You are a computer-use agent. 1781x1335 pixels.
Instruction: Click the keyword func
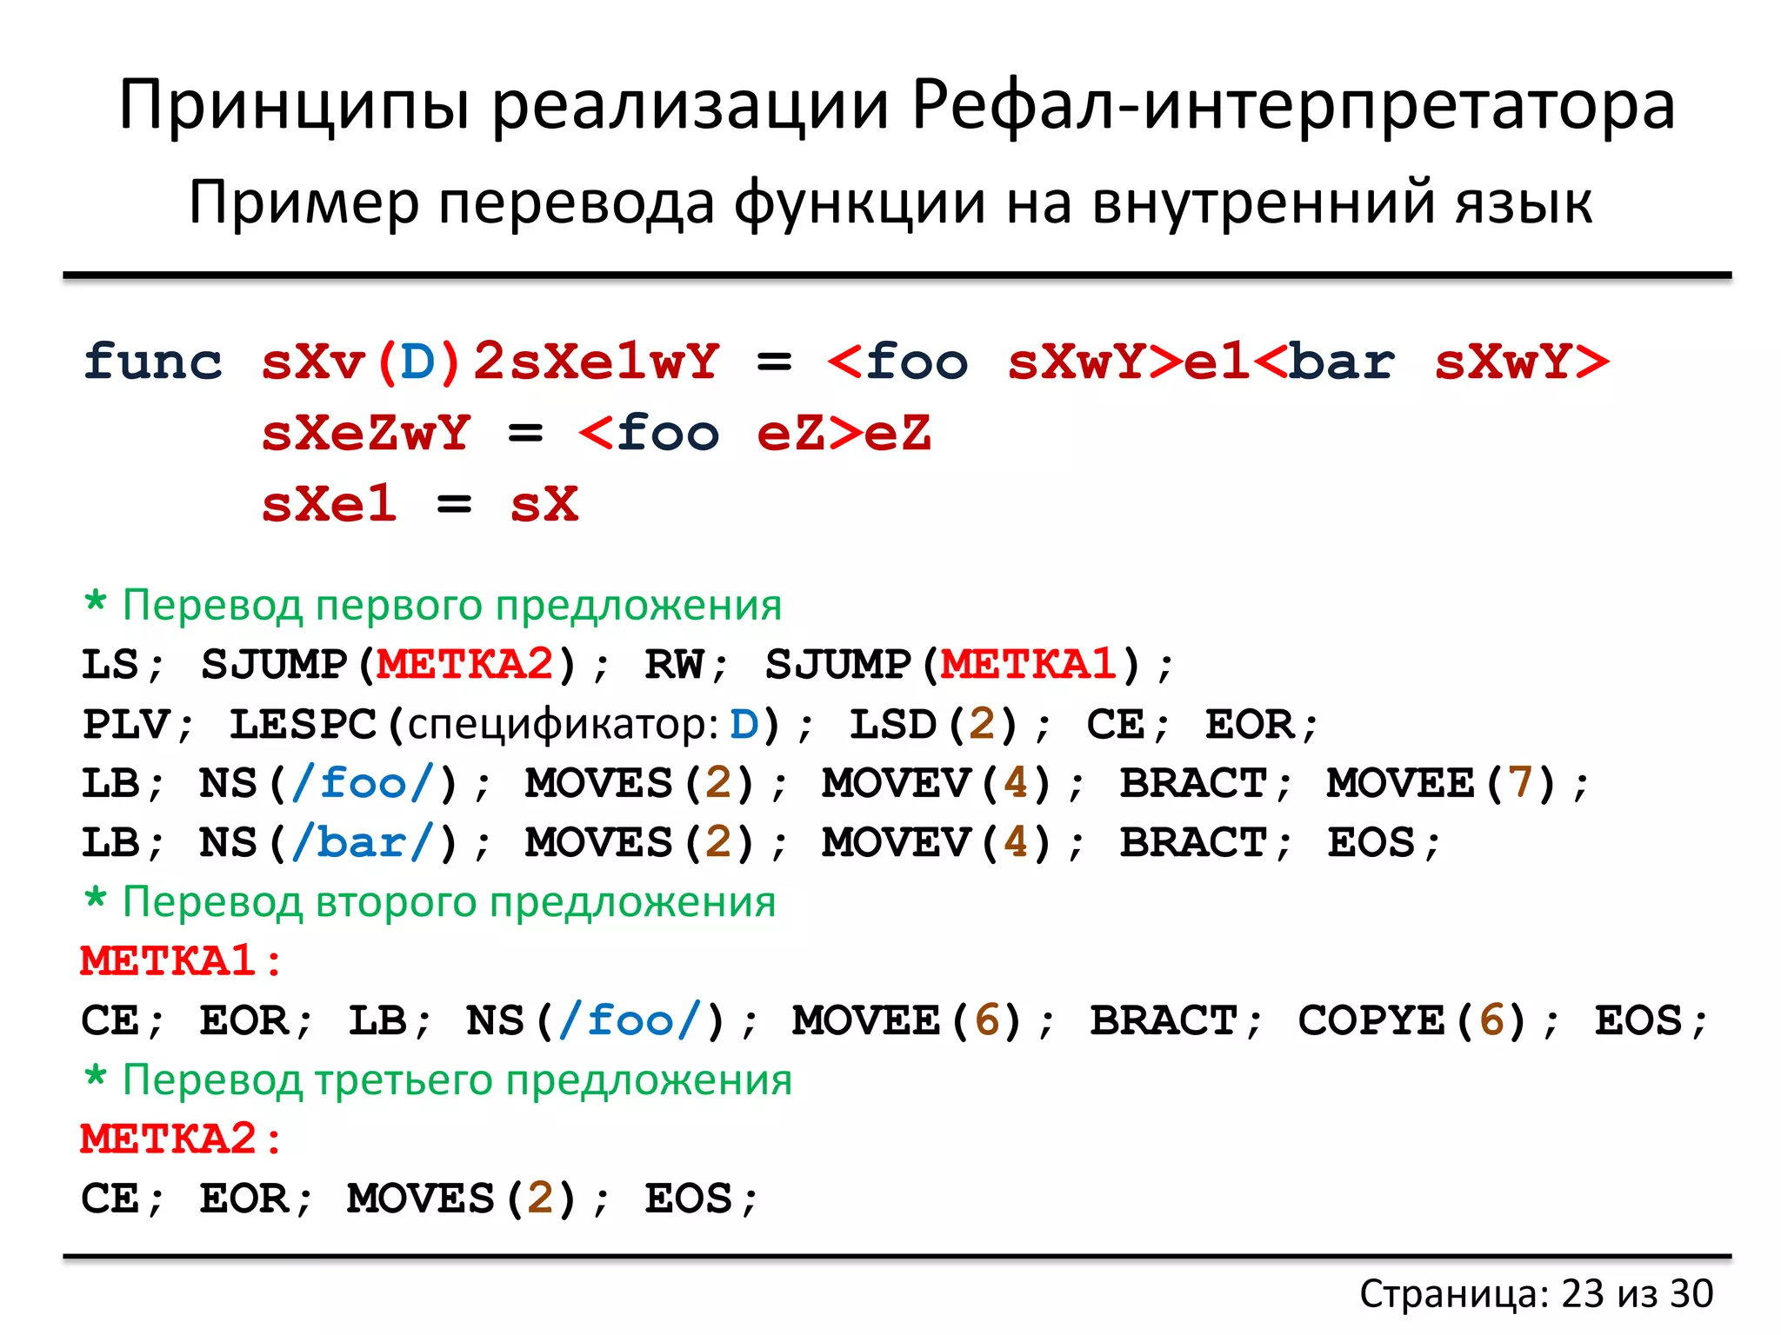[x=153, y=362]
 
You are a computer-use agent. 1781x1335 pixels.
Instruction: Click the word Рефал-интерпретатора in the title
[x=1293, y=106]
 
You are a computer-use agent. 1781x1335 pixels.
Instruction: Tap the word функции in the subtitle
[x=859, y=203]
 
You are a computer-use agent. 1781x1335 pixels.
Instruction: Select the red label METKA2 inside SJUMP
[x=465, y=665]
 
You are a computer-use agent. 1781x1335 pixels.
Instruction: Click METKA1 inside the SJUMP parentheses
[x=1030, y=665]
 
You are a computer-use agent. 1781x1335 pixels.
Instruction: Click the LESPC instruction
[x=303, y=725]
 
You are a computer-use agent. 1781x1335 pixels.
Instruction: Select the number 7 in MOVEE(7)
[x=1519, y=783]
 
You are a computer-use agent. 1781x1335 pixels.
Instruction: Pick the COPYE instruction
[x=1371, y=1020]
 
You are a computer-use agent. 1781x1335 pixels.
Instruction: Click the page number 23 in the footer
[x=1582, y=1293]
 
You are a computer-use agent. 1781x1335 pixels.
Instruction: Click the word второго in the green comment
[x=400, y=902]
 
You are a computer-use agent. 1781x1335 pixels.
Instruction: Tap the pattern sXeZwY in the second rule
[x=366, y=433]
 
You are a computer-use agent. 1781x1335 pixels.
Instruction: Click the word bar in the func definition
[x=1341, y=362]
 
